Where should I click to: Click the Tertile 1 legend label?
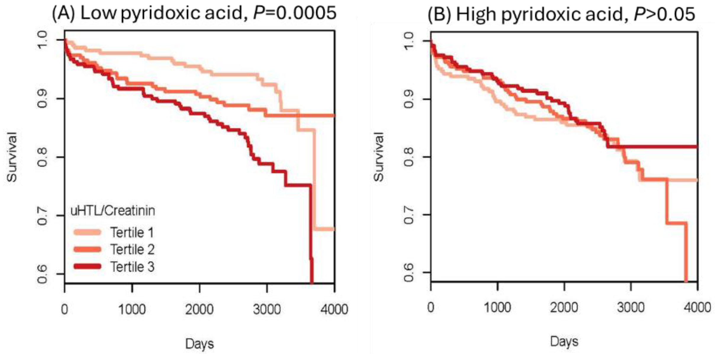[132, 233]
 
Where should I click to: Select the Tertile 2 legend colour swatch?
[87, 250]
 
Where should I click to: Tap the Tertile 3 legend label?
[132, 267]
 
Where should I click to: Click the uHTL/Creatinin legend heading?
[113, 211]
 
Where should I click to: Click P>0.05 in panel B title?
[664, 14]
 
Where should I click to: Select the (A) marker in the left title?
[63, 14]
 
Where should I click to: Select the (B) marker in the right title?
[439, 14]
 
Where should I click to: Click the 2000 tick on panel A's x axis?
[199, 309]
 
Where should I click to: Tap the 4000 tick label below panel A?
[334, 309]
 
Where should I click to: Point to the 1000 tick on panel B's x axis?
[497, 307]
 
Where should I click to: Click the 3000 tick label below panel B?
[631, 307]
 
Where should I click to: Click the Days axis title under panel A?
[199, 344]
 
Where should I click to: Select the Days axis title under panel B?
[564, 341]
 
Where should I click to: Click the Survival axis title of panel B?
[379, 157]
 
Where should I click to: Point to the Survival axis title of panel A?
[12, 157]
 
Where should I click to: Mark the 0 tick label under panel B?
[431, 307]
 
